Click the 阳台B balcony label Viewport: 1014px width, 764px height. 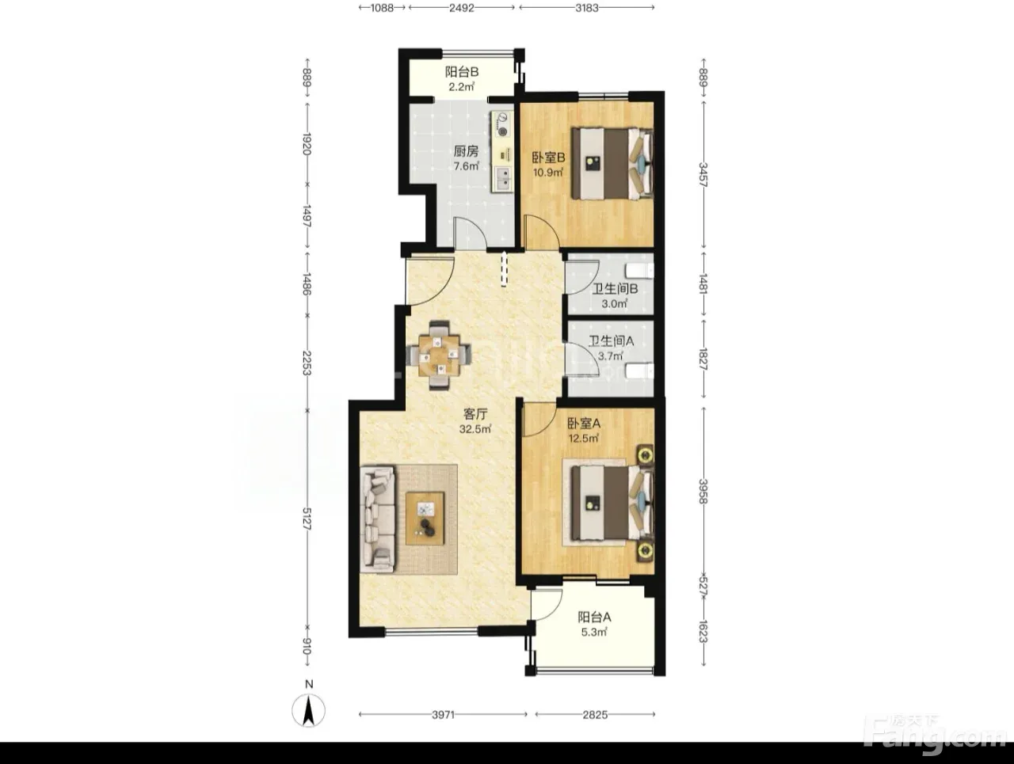pyautogui.click(x=462, y=72)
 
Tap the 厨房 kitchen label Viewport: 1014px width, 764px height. pyautogui.click(x=466, y=151)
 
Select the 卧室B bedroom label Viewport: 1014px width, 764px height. pyautogui.click(x=548, y=158)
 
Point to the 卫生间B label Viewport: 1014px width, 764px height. pyautogui.click(x=615, y=289)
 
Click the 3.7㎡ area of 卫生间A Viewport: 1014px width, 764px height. pyautogui.click(x=610, y=356)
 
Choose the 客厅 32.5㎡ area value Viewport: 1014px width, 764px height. pyautogui.click(x=475, y=429)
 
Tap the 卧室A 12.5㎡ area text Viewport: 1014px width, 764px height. pyautogui.click(x=584, y=438)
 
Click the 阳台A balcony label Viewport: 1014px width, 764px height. pyautogui.click(x=594, y=617)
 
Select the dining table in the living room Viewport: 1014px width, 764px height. pyautogui.click(x=439, y=355)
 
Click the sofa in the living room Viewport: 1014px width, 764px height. pyautogui.click(x=378, y=519)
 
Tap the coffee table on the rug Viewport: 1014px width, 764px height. pyautogui.click(x=425, y=518)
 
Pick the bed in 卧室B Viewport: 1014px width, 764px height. pyautogui.click(x=612, y=163)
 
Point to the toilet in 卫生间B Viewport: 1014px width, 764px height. pyautogui.click(x=640, y=271)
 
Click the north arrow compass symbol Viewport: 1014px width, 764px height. pyautogui.click(x=309, y=711)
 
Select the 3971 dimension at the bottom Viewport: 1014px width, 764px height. pyautogui.click(x=443, y=715)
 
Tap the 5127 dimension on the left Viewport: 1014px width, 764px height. pyautogui.click(x=307, y=519)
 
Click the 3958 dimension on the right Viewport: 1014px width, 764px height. pyautogui.click(x=703, y=491)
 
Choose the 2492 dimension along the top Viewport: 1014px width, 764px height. pyautogui.click(x=462, y=8)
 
